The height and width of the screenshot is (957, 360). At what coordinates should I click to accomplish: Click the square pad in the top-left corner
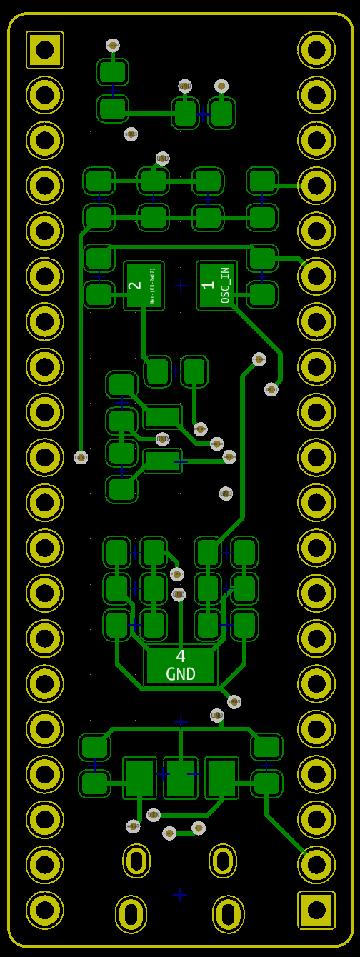pyautogui.click(x=44, y=50)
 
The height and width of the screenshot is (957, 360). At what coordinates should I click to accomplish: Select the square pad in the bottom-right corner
pyautogui.click(x=316, y=910)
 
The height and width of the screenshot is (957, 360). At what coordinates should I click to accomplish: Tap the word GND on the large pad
pyautogui.click(x=180, y=674)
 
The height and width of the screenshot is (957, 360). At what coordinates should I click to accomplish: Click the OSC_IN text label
pyautogui.click(x=225, y=286)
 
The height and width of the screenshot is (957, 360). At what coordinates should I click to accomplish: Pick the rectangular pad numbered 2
pyautogui.click(x=144, y=286)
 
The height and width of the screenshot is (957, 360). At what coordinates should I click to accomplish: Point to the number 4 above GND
pyautogui.click(x=180, y=656)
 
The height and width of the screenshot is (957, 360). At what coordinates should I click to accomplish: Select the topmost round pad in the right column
pyautogui.click(x=316, y=50)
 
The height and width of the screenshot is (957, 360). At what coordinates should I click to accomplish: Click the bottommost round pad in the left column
pyautogui.click(x=44, y=910)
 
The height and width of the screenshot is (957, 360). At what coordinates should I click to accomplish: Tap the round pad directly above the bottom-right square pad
pyautogui.click(x=316, y=864)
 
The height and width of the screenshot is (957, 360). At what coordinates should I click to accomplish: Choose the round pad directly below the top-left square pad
pyautogui.click(x=44, y=95)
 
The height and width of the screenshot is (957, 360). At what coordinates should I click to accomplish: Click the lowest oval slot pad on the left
pyautogui.click(x=131, y=914)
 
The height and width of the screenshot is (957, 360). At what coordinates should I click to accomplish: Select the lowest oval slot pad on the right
pyautogui.click(x=228, y=914)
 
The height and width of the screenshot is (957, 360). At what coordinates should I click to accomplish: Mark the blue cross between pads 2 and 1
pyautogui.click(x=181, y=286)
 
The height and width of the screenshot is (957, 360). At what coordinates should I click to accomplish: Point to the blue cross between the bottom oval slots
pyautogui.click(x=180, y=894)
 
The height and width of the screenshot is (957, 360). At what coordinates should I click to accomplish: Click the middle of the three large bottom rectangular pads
pyautogui.click(x=180, y=778)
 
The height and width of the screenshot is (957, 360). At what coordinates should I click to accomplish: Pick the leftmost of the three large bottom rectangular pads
pyautogui.click(x=139, y=778)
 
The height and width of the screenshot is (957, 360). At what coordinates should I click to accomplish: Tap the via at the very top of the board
pyautogui.click(x=113, y=45)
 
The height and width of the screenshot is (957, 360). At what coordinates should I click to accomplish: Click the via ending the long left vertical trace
pyautogui.click(x=81, y=457)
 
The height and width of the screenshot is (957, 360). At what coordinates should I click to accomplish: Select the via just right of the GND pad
pyautogui.click(x=234, y=702)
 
